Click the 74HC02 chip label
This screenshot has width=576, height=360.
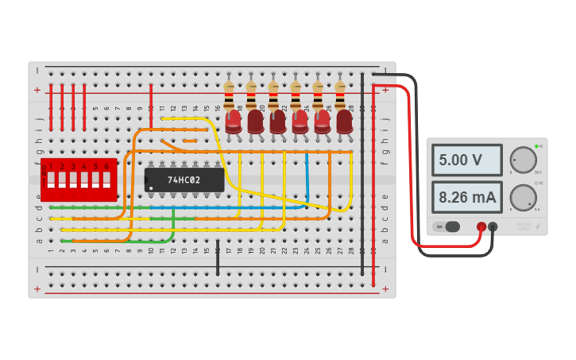[x=184, y=180]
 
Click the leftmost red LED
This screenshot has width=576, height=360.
[x=233, y=122]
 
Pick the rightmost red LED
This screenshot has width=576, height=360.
[x=344, y=122]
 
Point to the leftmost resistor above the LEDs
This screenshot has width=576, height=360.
[x=229, y=95]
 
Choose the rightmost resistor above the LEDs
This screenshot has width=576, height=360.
[x=340, y=95]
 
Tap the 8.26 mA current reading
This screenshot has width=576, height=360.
[x=466, y=196]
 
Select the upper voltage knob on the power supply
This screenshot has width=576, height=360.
[x=523, y=159]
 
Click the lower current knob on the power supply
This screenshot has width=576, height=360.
[x=523, y=196]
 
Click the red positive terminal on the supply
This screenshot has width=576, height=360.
[x=481, y=226]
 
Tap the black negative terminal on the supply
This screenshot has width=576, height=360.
[x=493, y=226]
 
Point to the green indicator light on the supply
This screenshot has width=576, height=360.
[x=537, y=146]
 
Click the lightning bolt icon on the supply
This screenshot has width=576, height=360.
[x=538, y=226]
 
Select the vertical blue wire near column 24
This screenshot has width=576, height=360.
[x=307, y=179]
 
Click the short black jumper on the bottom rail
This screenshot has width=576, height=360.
[x=218, y=258]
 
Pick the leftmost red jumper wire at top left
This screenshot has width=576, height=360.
[x=51, y=107]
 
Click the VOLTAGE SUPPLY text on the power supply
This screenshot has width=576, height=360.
[x=523, y=226]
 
